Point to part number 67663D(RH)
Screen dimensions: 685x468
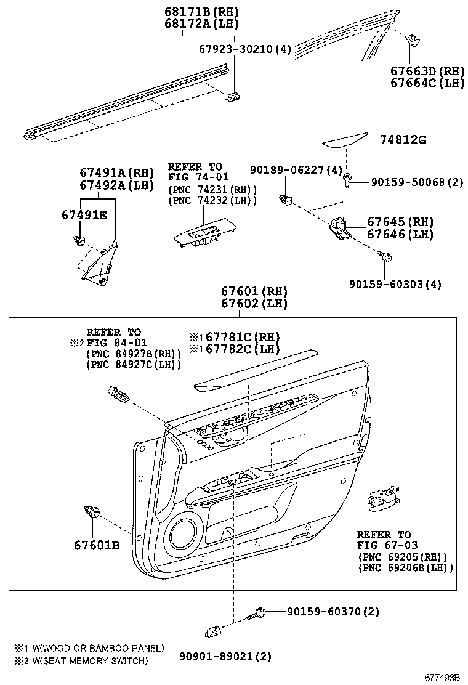(x=427, y=70)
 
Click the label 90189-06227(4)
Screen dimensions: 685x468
(x=296, y=169)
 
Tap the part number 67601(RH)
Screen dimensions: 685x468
(x=255, y=291)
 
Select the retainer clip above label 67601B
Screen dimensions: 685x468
(x=92, y=511)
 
